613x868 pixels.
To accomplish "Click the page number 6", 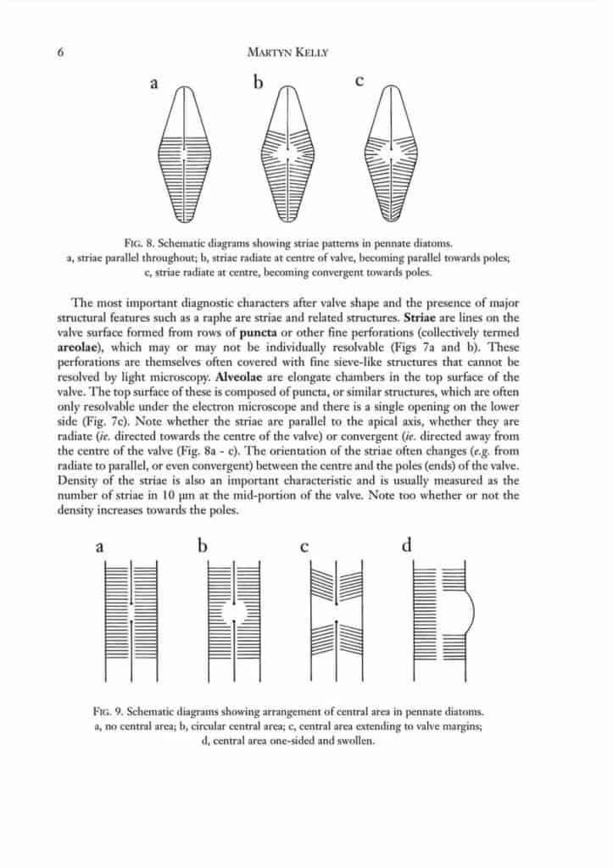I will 60,52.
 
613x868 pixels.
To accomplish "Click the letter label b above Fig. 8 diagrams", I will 258,82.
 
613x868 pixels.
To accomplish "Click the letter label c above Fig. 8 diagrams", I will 359,82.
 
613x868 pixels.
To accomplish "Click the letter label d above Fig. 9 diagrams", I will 406,545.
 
